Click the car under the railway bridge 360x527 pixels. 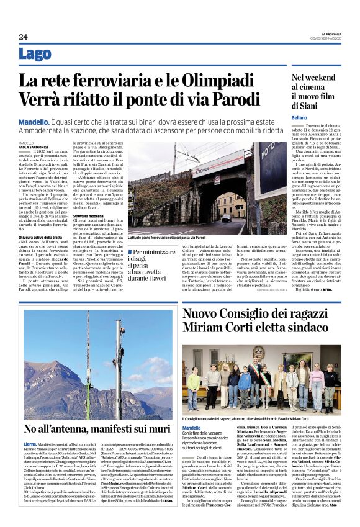tap(227, 218)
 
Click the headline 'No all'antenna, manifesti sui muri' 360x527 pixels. tap(96, 429)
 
